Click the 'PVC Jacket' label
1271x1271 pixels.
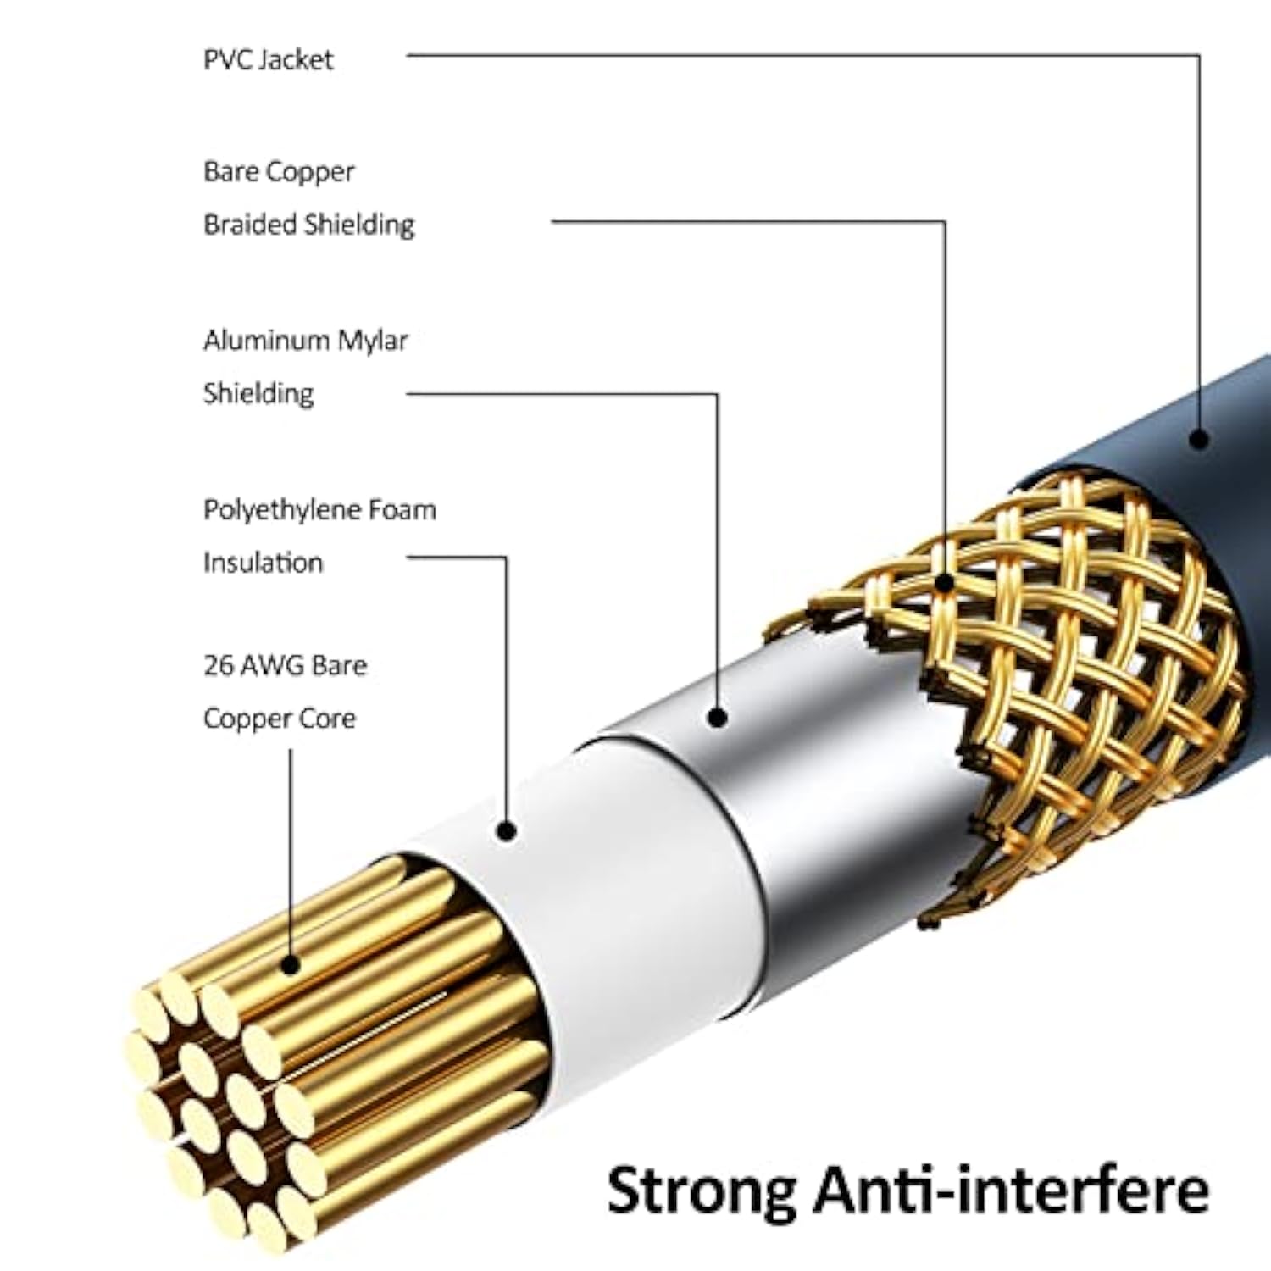point(268,59)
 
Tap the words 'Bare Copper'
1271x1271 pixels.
point(279,172)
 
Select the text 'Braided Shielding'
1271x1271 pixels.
point(308,225)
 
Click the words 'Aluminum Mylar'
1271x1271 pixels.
point(305,341)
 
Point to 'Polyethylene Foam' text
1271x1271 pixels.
point(319,510)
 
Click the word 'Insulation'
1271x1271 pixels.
point(263,563)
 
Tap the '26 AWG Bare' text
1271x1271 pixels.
point(285,665)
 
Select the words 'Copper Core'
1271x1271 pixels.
point(279,719)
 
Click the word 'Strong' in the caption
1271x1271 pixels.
point(702,1191)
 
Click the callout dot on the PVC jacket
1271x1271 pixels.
point(1198,439)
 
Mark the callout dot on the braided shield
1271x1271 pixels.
point(945,583)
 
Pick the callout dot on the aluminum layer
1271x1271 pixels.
point(718,718)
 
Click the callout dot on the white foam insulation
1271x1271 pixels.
point(507,831)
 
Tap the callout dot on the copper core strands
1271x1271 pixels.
point(291,964)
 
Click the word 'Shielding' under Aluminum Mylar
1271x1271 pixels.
point(258,393)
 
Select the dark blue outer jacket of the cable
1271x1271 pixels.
point(1220,508)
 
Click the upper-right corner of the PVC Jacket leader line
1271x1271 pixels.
point(1198,56)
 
